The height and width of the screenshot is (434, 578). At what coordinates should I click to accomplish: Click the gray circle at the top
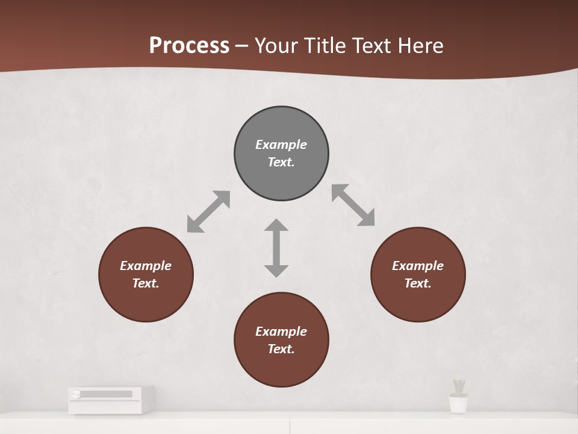(281, 154)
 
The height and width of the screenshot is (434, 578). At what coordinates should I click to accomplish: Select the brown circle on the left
(146, 274)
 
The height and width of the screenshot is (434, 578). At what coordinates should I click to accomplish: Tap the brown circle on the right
(418, 274)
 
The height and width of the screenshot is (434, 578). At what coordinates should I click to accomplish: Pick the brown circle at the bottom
(281, 340)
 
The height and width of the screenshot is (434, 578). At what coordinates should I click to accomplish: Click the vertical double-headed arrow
(276, 248)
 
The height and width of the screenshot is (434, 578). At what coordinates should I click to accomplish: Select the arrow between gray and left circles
(208, 212)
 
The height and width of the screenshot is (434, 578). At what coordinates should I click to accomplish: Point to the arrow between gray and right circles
(353, 206)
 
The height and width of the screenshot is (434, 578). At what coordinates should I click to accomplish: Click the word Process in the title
(189, 45)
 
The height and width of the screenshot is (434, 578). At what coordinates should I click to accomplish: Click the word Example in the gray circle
(281, 145)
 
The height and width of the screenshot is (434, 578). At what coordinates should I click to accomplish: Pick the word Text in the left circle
(146, 283)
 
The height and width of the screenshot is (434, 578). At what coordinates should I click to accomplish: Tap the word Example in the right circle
(418, 266)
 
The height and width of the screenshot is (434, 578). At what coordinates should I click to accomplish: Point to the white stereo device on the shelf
(111, 399)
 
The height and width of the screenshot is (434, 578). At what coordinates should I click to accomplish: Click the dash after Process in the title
(241, 46)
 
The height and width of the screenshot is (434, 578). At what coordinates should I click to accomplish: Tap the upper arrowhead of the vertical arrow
(276, 225)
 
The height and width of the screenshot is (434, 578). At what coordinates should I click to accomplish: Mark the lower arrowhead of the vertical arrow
(276, 270)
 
